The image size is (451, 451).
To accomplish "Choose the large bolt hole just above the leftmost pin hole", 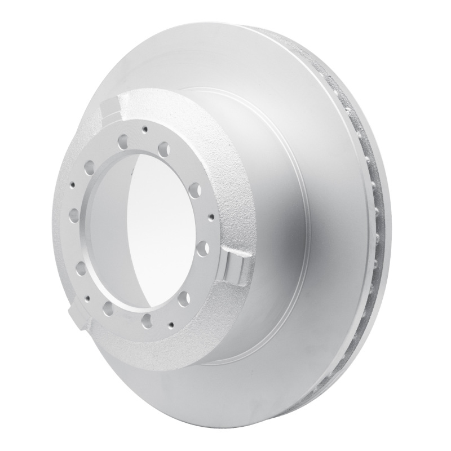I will point(89,167).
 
